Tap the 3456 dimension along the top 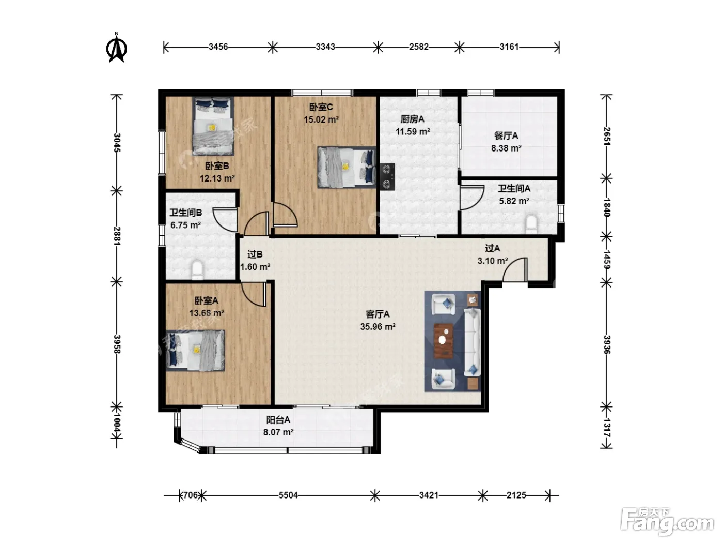coord(218,47)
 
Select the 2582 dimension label coord(419,47)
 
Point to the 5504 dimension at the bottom coord(288,495)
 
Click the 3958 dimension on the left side coord(117,344)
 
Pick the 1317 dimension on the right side coord(607,428)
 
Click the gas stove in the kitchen coord(387,177)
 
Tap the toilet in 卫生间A coord(531,224)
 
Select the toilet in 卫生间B coord(197,270)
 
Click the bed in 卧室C coord(347,168)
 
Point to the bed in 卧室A coord(195,351)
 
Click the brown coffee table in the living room coord(443,341)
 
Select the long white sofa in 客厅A coord(473,342)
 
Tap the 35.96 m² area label coord(378,327)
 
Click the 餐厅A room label coord(506,136)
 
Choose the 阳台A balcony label coord(278,420)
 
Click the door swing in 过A coord(515,269)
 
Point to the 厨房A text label coord(413,119)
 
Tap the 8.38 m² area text coord(506,148)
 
